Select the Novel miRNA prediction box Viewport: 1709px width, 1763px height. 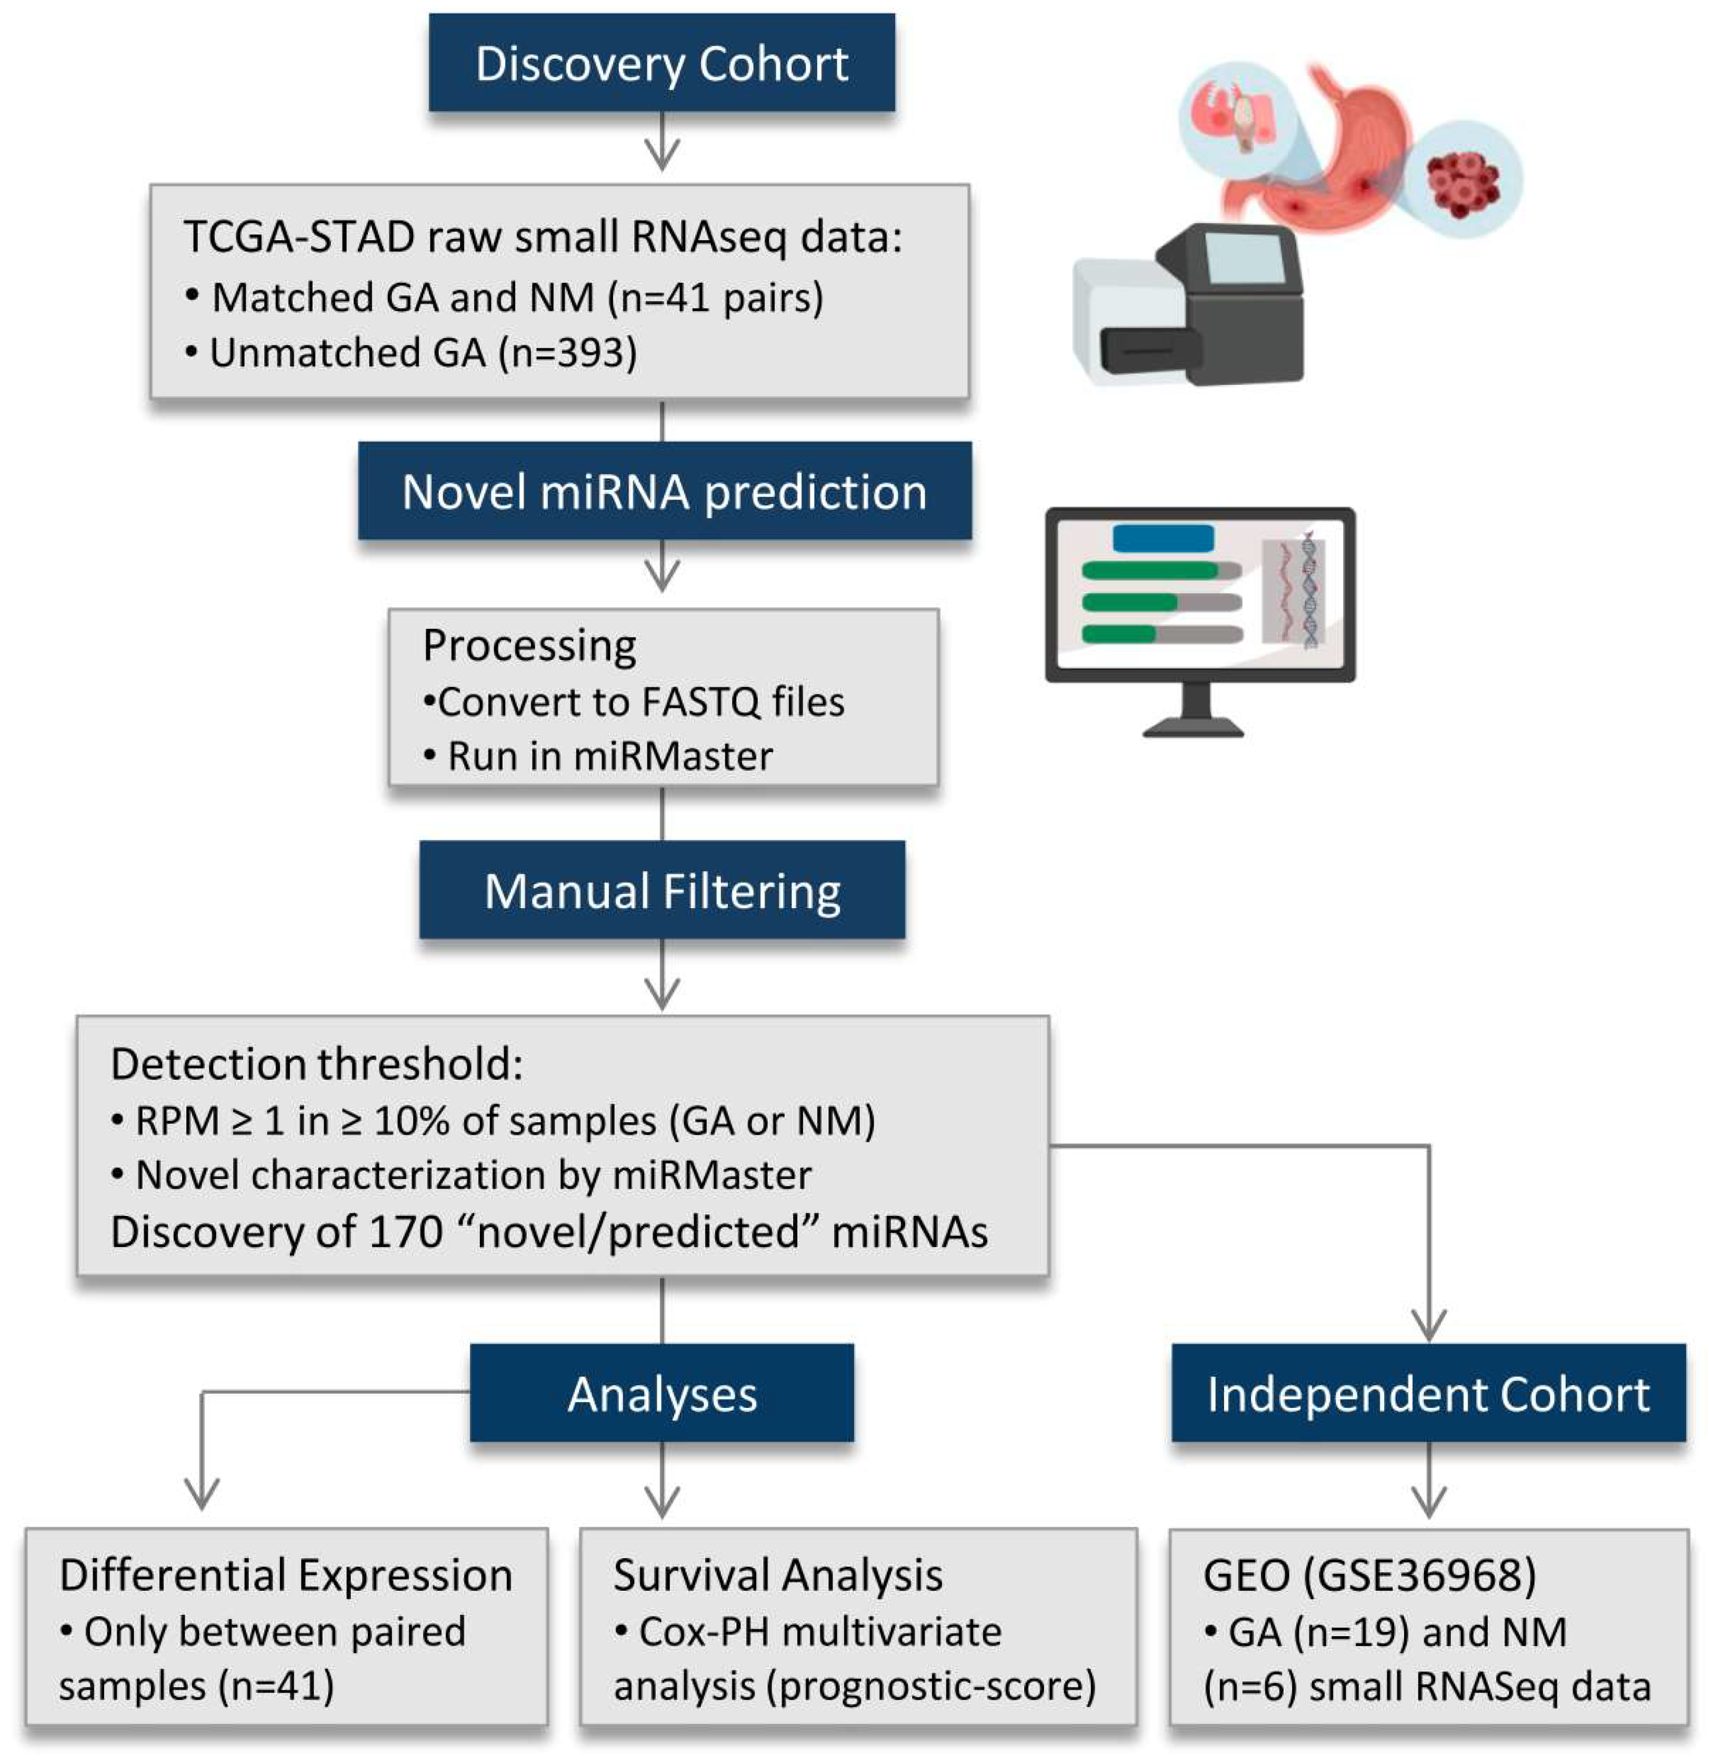[664, 490]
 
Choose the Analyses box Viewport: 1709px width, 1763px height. [661, 1393]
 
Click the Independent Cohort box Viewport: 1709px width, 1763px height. [1428, 1393]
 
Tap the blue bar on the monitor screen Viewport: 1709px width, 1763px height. [1163, 538]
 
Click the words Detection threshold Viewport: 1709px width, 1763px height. [317, 1064]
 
